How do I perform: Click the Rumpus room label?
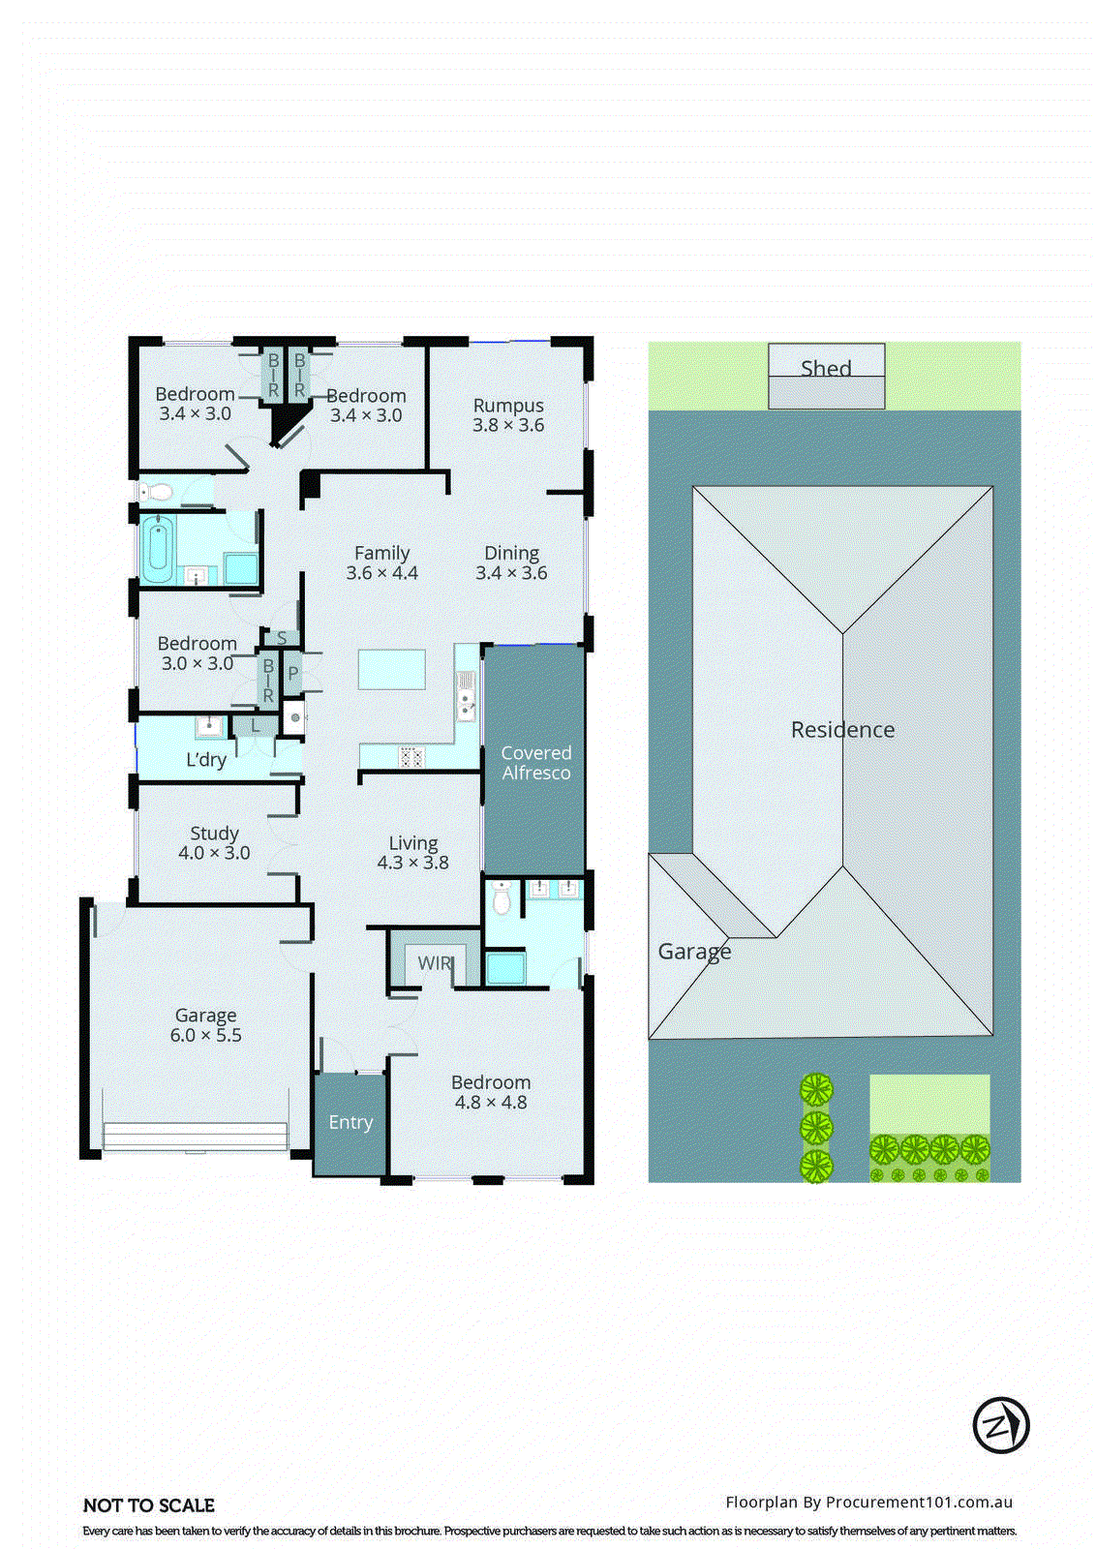tap(508, 406)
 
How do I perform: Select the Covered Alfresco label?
tap(535, 763)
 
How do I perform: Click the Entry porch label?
tap(350, 1122)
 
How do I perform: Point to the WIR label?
tap(435, 963)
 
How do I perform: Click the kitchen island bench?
tap(391, 669)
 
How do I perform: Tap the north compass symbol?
tap(1000, 1425)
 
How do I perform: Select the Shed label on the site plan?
tap(826, 368)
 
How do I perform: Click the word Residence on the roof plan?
tap(842, 730)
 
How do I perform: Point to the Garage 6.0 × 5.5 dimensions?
tap(205, 1035)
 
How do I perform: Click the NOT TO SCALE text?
tap(149, 1505)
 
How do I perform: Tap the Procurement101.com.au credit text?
tap(868, 1503)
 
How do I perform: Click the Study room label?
tap(214, 833)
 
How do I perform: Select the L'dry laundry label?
tap(206, 759)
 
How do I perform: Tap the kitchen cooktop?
tap(411, 756)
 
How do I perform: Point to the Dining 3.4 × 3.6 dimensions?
tap(511, 573)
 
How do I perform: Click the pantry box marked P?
tap(292, 673)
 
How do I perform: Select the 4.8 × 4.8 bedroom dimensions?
tap(491, 1102)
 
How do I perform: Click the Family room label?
tap(381, 553)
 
